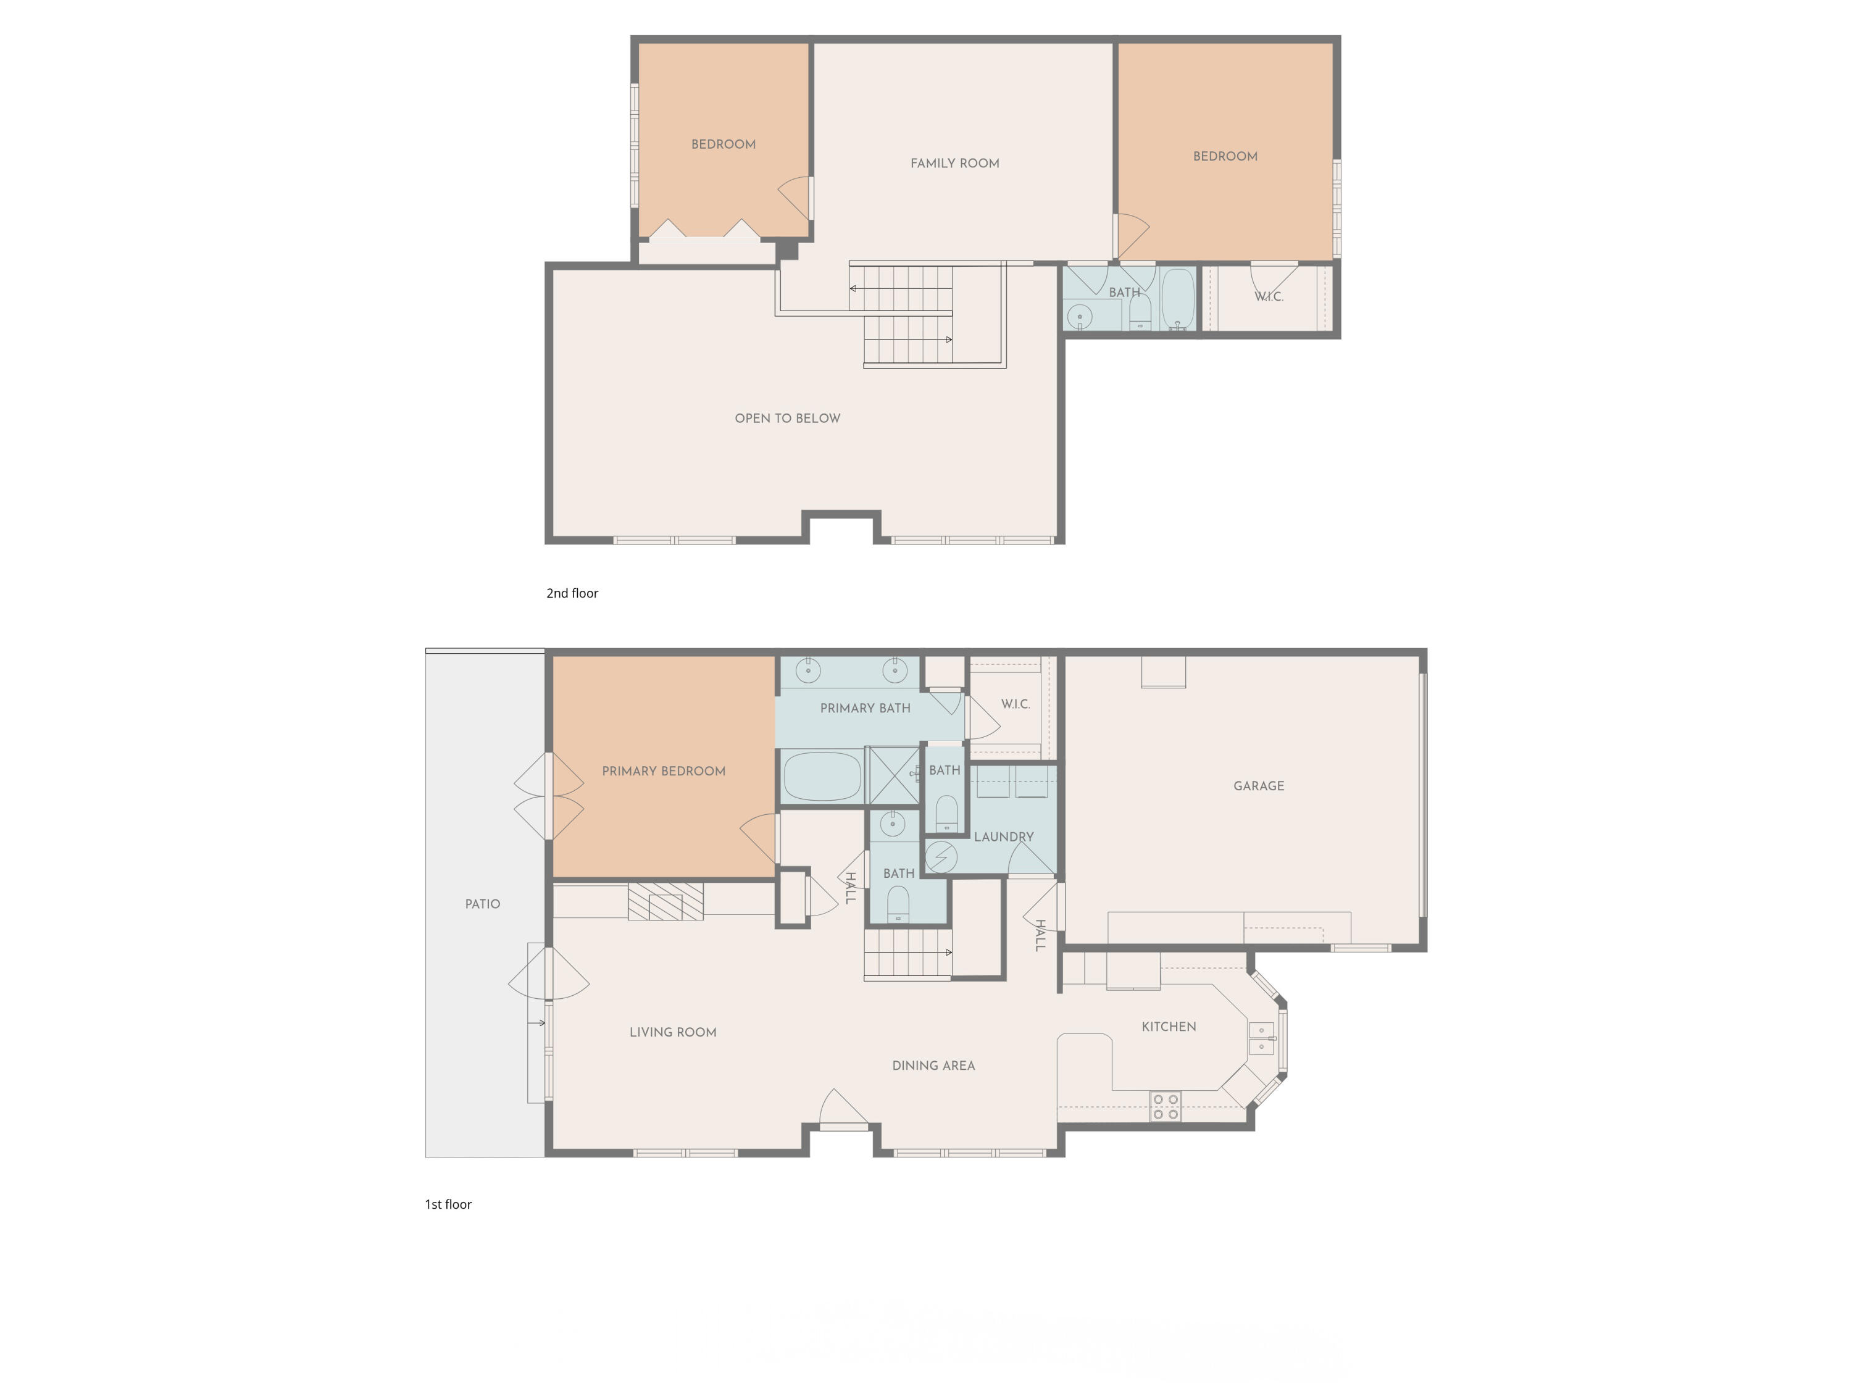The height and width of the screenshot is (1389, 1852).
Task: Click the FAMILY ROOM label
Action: point(954,163)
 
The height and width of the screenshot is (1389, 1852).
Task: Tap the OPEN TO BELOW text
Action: point(787,419)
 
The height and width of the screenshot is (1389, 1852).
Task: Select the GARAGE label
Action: point(1258,785)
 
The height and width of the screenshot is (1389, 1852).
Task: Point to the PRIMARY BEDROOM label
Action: point(663,771)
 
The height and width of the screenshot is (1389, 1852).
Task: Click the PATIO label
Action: point(482,904)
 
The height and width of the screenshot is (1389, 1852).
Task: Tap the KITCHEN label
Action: point(1169,1027)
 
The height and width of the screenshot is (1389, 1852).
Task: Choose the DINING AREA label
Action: point(933,1066)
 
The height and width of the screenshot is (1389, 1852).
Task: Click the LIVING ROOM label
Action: point(672,1032)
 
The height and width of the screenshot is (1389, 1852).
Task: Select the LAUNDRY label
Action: point(1003,836)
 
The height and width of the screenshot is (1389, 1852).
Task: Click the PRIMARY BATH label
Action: point(865,708)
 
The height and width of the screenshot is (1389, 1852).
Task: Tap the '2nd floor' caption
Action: point(572,593)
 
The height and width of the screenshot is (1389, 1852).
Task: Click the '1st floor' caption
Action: point(448,1204)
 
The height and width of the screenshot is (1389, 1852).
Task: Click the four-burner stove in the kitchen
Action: point(1166,1106)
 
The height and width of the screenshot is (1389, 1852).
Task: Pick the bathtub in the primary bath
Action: point(821,776)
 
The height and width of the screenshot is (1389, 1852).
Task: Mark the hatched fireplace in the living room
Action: point(665,902)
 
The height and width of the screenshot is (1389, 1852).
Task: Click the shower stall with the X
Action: point(893,775)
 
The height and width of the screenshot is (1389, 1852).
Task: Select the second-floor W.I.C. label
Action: point(1269,296)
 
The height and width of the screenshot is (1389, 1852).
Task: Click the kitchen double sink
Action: point(1261,1038)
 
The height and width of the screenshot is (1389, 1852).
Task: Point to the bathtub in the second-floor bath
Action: point(1177,299)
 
